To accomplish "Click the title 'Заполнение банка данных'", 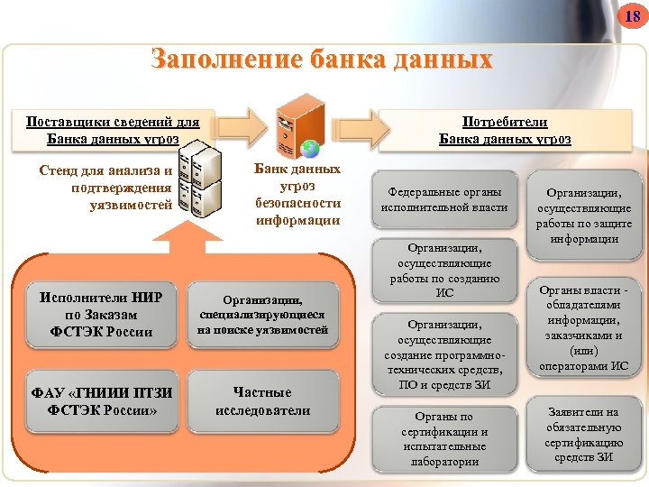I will [323, 60].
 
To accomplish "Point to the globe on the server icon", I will [309, 148].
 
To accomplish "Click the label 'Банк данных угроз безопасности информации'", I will [297, 194].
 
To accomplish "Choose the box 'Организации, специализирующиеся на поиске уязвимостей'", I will [262, 315].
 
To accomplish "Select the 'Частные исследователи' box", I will [262, 400].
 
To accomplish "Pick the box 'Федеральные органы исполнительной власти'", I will [444, 199].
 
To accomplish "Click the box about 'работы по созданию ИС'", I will [444, 270].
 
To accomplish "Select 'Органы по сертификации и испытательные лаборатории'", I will [444, 438].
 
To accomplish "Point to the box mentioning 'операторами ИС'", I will [584, 327].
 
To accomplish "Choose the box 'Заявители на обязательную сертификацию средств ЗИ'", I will [584, 434].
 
